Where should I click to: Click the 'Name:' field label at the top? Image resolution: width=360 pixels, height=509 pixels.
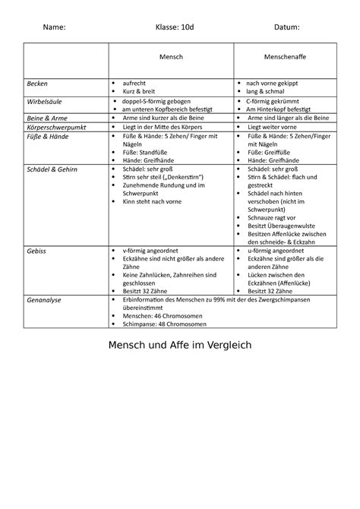coord(54,27)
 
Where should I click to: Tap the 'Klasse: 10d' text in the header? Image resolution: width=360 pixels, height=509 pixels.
coord(175,27)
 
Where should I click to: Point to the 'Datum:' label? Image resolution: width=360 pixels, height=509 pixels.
coord(287,27)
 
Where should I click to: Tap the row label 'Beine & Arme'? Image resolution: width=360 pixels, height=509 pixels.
coord(45,119)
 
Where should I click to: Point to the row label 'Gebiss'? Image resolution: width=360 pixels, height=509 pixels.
coord(37,250)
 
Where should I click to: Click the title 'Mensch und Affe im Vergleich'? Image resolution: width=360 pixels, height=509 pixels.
coord(180,344)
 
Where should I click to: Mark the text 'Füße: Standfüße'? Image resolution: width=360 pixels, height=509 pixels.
coord(150,153)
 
